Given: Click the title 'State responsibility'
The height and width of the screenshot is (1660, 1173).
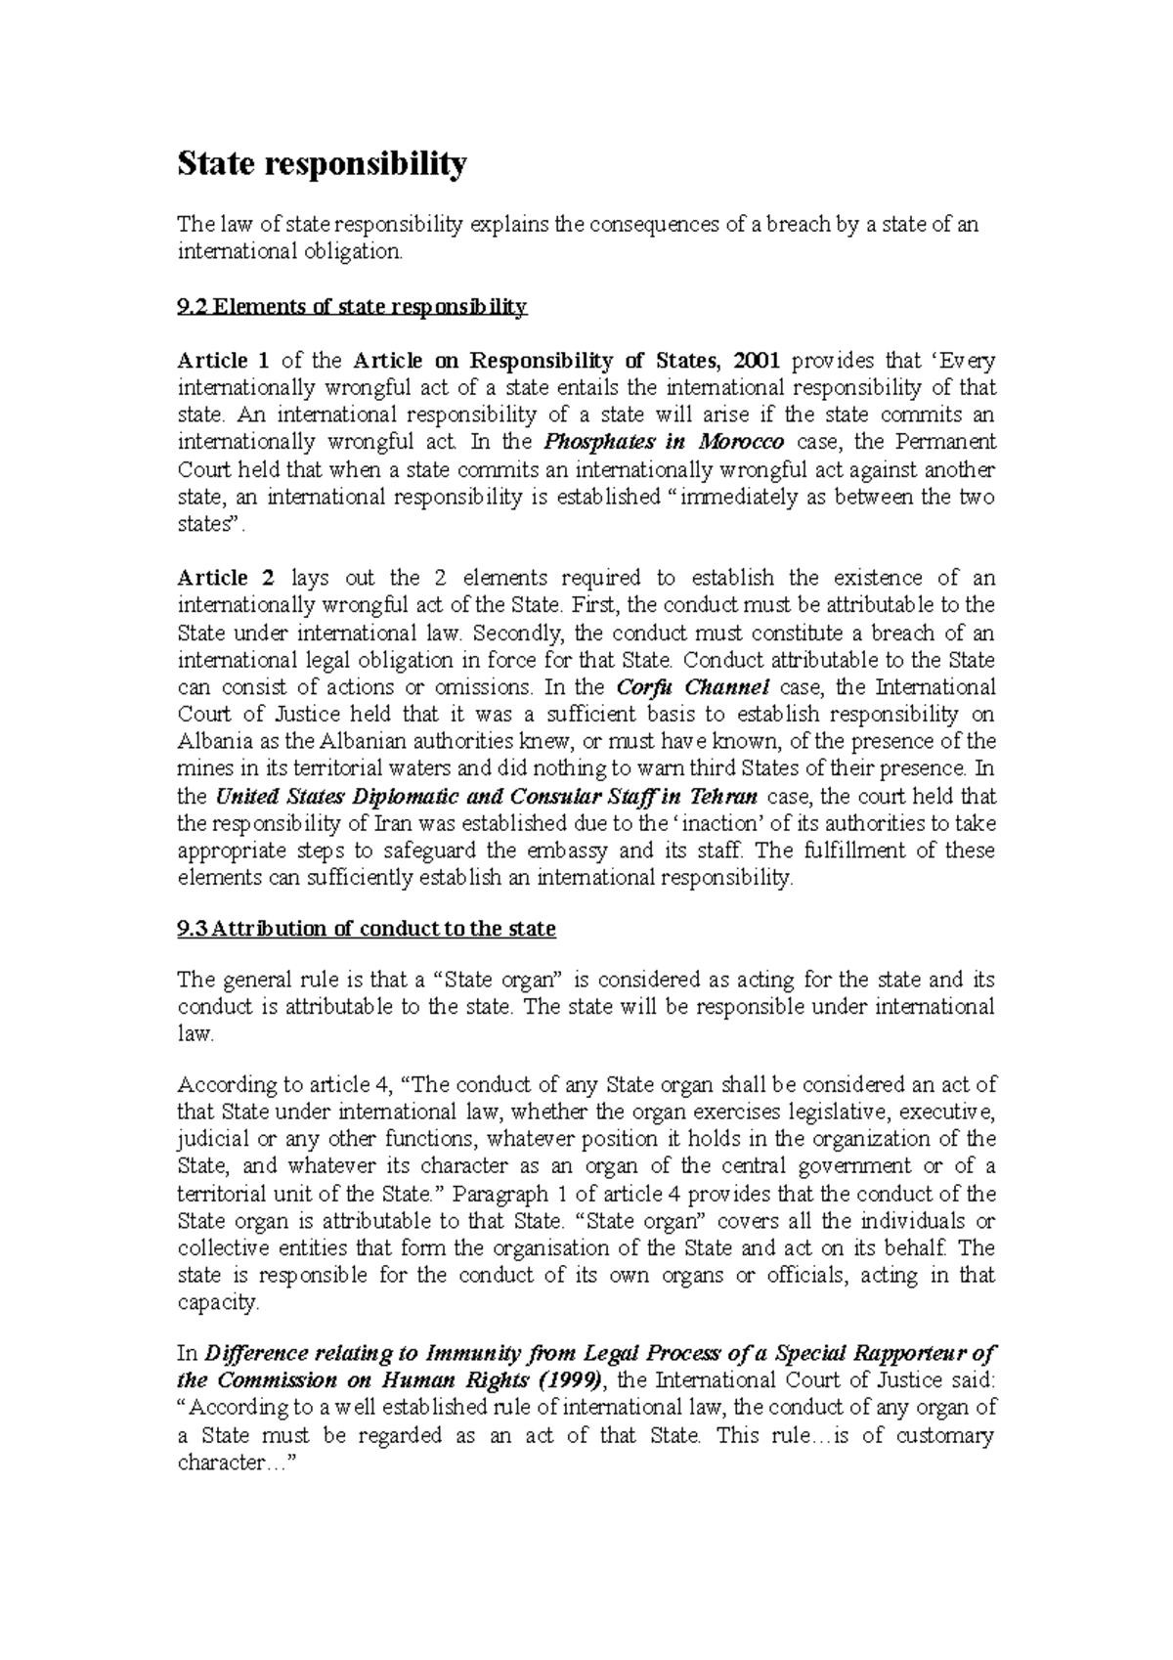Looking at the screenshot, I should [x=322, y=164].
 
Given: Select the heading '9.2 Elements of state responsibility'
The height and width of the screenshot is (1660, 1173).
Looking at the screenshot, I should [x=352, y=308].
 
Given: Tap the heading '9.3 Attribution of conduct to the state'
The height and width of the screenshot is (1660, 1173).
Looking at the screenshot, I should [x=367, y=929].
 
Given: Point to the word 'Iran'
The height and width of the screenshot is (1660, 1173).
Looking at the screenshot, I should [x=393, y=823].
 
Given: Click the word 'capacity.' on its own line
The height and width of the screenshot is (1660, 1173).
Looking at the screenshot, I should [x=219, y=1303].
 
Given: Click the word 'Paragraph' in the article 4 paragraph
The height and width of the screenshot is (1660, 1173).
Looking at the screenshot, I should [x=495, y=1194].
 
